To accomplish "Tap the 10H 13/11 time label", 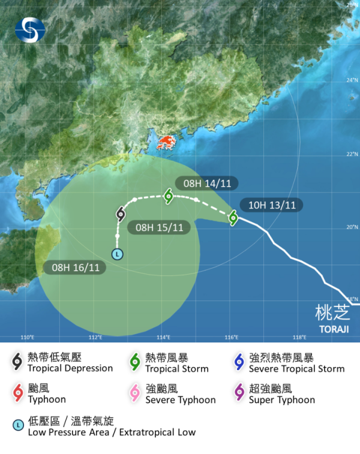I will click(271, 205).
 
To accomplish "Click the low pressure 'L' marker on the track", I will click(118, 254).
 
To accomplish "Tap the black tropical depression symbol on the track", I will click(121, 214).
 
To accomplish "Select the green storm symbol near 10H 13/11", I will click(233, 218).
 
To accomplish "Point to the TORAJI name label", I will click(332, 329).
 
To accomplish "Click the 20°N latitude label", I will click(352, 227).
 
